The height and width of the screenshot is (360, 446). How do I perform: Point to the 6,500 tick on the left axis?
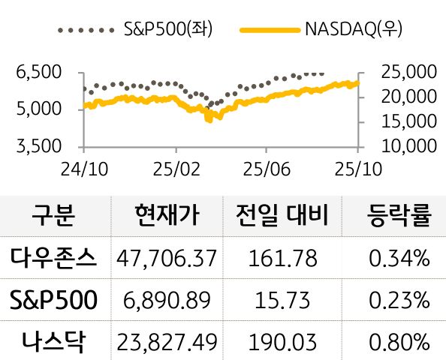click(x=38, y=73)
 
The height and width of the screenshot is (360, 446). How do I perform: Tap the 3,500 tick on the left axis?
click(x=38, y=145)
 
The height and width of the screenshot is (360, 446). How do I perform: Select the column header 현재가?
click(x=166, y=217)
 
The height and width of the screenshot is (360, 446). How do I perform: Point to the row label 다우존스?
click(x=53, y=259)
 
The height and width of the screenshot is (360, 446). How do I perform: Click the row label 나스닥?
click(x=53, y=341)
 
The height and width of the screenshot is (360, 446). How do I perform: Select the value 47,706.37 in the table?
click(x=167, y=259)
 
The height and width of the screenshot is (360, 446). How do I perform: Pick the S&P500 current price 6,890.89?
click(x=167, y=301)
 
